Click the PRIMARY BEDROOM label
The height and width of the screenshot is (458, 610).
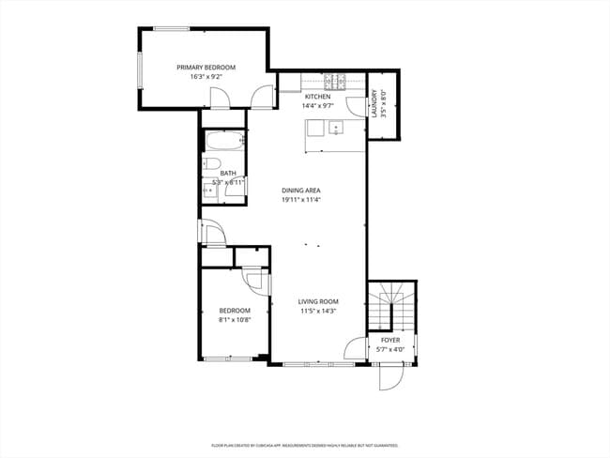click(206, 68)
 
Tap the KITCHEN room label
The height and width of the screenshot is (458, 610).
click(318, 97)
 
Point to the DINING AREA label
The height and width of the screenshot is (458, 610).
click(301, 191)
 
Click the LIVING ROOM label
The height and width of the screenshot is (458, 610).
click(318, 301)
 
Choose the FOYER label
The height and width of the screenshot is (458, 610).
click(390, 340)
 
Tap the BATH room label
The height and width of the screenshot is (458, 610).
click(228, 173)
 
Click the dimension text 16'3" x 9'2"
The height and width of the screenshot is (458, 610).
click(206, 77)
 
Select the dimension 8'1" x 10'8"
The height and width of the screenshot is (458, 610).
click(235, 319)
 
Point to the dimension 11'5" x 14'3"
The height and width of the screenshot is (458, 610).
click(318, 311)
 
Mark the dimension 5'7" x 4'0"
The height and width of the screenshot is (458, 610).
click(390, 349)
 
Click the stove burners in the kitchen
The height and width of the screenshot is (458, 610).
click(335, 81)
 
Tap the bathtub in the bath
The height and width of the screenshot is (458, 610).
click(224, 144)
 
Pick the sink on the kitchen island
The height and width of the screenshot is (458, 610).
click(335, 130)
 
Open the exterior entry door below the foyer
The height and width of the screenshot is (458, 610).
click(388, 377)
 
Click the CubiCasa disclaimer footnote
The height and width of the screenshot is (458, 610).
click(305, 445)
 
